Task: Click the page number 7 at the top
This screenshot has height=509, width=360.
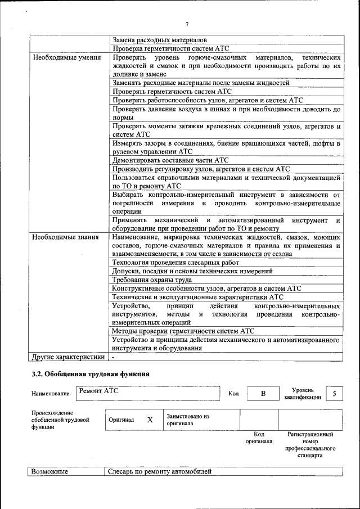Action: click(187, 24)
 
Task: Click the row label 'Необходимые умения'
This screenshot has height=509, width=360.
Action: click(67, 57)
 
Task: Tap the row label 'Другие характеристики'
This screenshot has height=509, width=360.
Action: click(69, 357)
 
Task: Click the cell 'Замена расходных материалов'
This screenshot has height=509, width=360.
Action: click(160, 40)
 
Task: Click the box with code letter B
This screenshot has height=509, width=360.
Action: click(263, 394)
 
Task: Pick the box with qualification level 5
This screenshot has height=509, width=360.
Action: click(335, 394)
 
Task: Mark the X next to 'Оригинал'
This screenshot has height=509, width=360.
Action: click(150, 420)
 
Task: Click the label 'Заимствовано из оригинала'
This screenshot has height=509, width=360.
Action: click(187, 420)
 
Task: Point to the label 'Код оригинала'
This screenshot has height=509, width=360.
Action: click(259, 438)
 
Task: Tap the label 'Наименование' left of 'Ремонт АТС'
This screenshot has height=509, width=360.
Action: click(51, 394)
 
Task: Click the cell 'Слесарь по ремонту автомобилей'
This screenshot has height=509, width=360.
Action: click(160, 471)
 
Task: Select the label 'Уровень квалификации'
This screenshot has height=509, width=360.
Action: click(303, 393)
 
